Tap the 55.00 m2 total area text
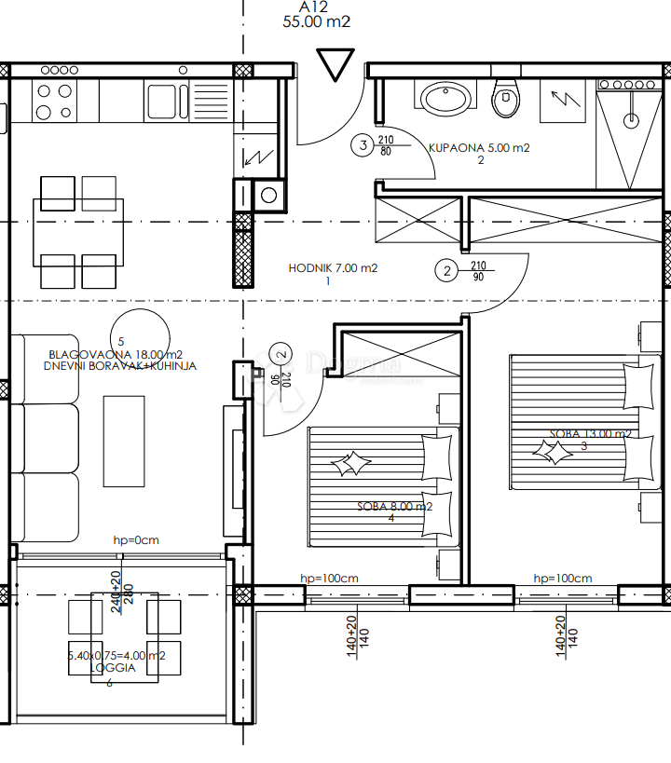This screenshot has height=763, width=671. click(x=317, y=23)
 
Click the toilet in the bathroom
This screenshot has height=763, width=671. click(x=506, y=98)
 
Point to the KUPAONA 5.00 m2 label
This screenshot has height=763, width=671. click(x=479, y=147)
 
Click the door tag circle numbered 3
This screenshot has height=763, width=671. click(x=362, y=144)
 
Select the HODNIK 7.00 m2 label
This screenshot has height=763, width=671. click(x=333, y=268)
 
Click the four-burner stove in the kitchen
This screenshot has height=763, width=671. click(x=53, y=100)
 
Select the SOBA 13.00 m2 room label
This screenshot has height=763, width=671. click(x=591, y=433)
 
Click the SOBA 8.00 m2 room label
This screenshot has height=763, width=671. click(x=395, y=507)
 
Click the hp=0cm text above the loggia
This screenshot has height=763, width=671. click(x=136, y=539)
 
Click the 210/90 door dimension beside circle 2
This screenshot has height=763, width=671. click(x=478, y=270)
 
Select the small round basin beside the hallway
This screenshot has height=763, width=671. click(x=268, y=195)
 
